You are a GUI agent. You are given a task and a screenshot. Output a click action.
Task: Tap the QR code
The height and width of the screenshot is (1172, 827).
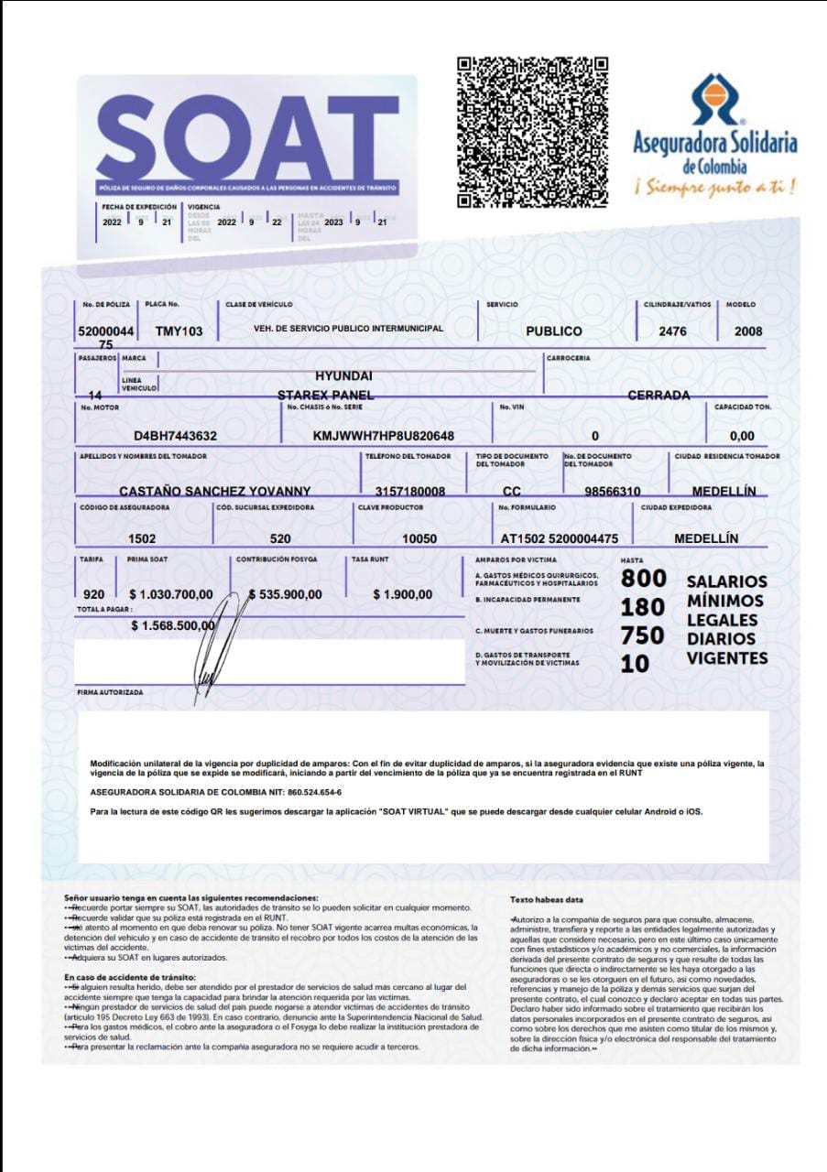pyautogui.click(x=532, y=132)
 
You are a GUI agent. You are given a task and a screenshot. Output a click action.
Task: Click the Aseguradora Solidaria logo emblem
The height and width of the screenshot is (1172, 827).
pyautogui.click(x=714, y=99)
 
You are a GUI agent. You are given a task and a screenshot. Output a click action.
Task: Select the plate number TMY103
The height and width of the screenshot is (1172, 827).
pyautogui.click(x=180, y=331)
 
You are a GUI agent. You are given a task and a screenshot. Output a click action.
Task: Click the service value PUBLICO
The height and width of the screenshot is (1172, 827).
pyautogui.click(x=553, y=331)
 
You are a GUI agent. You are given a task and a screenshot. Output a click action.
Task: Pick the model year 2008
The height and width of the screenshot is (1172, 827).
pyautogui.click(x=747, y=331)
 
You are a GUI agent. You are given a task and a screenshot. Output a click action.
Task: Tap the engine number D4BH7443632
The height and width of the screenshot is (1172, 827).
pyautogui.click(x=175, y=436)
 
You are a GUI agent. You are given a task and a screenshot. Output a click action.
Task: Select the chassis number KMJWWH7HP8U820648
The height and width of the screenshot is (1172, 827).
pyautogui.click(x=384, y=436)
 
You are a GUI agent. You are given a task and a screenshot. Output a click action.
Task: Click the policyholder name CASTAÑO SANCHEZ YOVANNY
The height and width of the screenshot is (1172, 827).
pyautogui.click(x=215, y=492)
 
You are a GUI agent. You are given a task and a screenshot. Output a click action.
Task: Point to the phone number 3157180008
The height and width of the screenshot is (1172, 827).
pyautogui.click(x=410, y=492)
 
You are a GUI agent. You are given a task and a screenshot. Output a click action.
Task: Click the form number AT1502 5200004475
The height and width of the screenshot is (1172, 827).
pyautogui.click(x=560, y=538)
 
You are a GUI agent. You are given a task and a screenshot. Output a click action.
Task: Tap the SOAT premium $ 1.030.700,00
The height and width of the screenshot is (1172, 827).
pyautogui.click(x=171, y=595)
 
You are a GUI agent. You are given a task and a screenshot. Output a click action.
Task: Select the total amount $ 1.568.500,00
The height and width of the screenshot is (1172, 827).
pyautogui.click(x=173, y=625)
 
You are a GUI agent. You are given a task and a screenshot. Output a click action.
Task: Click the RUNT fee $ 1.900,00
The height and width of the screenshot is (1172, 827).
pyautogui.click(x=403, y=595)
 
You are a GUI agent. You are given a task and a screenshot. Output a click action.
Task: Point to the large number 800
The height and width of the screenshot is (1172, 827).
pyautogui.click(x=644, y=580)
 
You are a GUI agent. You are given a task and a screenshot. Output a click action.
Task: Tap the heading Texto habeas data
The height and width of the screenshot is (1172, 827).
pyautogui.click(x=547, y=899)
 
